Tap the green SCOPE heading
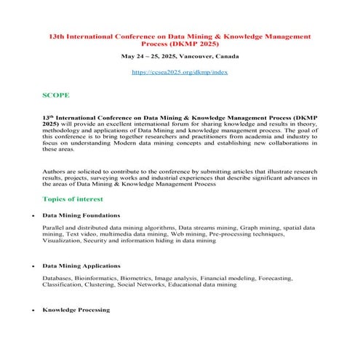pos(56,95)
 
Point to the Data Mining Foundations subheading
pos(81,215)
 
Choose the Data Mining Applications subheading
pos(81,266)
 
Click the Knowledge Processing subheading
pos(76,310)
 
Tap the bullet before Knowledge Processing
pos(24,311)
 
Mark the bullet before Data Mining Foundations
pos(24,216)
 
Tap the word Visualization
pos(63,241)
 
